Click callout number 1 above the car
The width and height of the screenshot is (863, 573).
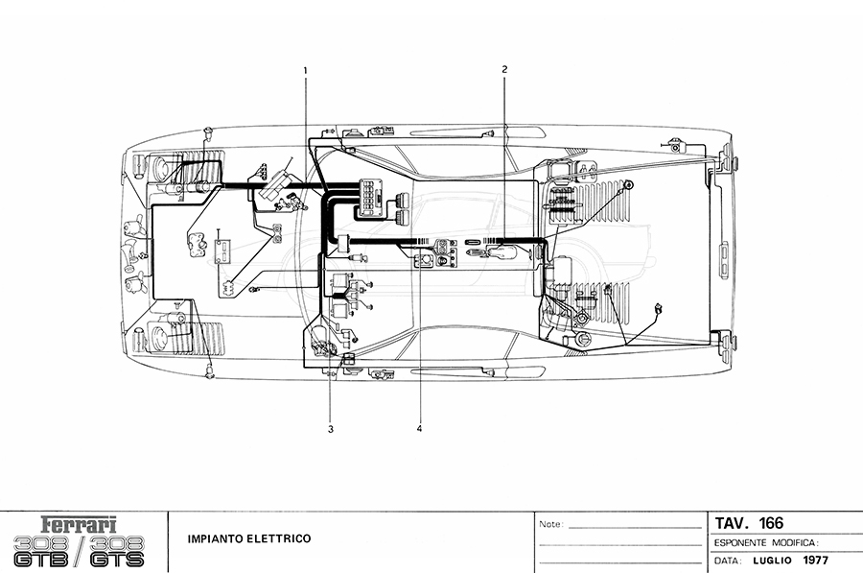coord(305,70)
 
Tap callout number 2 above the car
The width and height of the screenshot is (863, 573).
coord(504,69)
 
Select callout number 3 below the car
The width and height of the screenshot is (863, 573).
coord(331,430)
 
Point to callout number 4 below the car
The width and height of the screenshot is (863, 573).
coord(419,429)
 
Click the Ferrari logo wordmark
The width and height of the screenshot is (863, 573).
coord(79,524)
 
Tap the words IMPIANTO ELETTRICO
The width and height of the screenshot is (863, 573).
coord(249,538)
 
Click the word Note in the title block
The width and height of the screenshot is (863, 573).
coord(551,524)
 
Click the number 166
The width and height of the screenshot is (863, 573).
coord(771,523)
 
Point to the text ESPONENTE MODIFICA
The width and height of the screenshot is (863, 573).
coord(765,543)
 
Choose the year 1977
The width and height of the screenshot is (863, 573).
coord(815,561)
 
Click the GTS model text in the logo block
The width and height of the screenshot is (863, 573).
coord(117,560)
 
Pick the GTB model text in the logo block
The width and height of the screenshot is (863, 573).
coord(41,560)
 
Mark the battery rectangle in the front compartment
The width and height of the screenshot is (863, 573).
coord(222,251)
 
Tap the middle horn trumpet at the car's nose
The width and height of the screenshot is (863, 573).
coord(129,254)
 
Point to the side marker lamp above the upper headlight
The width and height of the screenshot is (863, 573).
coord(209,131)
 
